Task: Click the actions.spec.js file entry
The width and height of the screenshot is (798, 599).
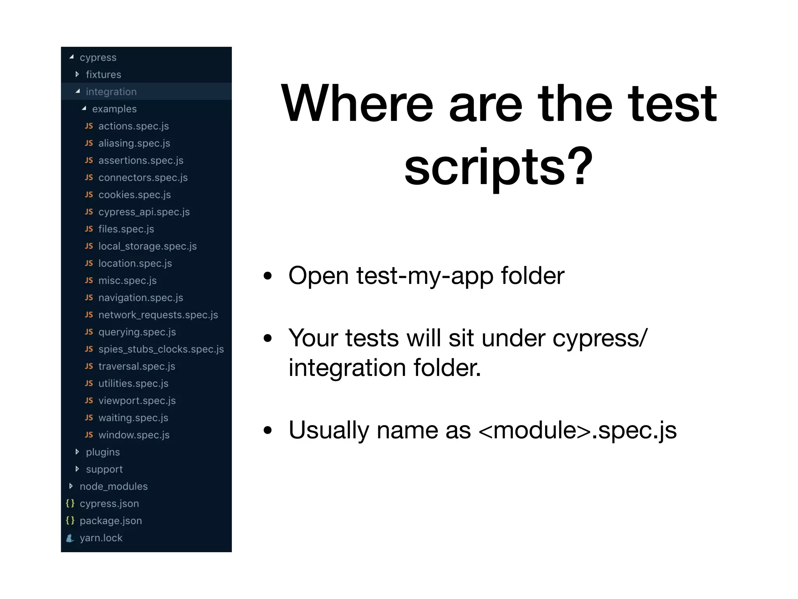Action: pyautogui.click(x=133, y=126)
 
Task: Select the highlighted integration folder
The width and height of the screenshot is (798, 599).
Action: pyautogui.click(x=111, y=92)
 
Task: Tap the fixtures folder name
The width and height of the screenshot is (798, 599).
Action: pyautogui.click(x=103, y=74)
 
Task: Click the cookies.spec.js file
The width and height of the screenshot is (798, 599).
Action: pyautogui.click(x=134, y=195)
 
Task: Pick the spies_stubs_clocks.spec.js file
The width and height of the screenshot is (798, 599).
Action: pyautogui.click(x=161, y=349)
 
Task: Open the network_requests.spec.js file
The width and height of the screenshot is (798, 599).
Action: pyautogui.click(x=158, y=315)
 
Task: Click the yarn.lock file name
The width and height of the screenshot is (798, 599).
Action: pyautogui.click(x=101, y=538)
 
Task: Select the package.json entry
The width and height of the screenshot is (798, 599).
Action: pyautogui.click(x=111, y=521)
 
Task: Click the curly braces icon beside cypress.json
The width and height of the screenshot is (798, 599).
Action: pyautogui.click(x=70, y=503)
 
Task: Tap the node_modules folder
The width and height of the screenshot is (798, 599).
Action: pyautogui.click(x=113, y=486)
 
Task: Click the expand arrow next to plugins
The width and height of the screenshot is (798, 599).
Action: pyautogui.click(x=77, y=452)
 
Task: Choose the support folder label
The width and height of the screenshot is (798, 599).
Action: pyautogui.click(x=104, y=469)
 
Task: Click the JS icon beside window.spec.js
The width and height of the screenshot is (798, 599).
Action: pyautogui.click(x=89, y=435)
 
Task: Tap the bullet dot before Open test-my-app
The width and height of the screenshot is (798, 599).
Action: pyautogui.click(x=267, y=276)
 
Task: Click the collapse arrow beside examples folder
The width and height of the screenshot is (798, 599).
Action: pyautogui.click(x=84, y=108)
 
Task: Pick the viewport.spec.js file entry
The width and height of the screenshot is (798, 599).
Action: pyautogui.click(x=137, y=401)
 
